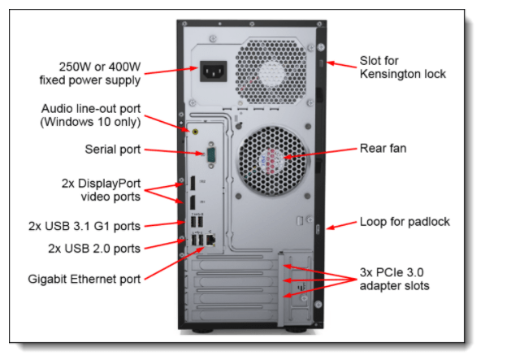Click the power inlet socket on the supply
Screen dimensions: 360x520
(x=214, y=72)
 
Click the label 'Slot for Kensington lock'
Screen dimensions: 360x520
(x=403, y=67)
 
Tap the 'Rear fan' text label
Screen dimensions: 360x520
(x=383, y=150)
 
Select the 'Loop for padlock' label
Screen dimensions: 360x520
(x=405, y=222)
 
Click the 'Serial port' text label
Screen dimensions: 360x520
(x=112, y=150)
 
